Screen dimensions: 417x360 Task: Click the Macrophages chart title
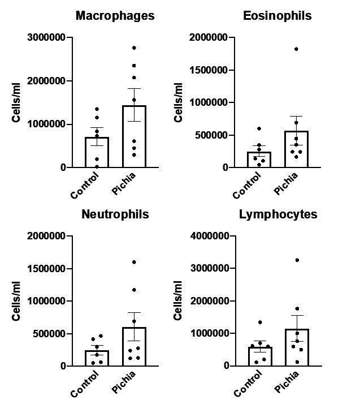tap(115, 16)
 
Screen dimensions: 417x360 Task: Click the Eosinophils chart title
tap(277, 16)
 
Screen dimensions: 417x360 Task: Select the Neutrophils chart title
tap(115, 214)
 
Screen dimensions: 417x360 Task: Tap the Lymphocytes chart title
tap(277, 214)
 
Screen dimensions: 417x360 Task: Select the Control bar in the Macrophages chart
tap(97, 152)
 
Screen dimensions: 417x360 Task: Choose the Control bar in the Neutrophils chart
tap(97, 358)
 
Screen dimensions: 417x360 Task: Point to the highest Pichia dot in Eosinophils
tap(296, 49)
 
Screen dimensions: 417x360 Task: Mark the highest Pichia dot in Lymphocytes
tap(297, 260)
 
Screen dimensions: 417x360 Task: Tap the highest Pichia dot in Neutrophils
tap(134, 262)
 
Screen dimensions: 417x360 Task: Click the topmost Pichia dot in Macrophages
tap(134, 48)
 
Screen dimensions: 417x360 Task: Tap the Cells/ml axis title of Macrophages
tap(16, 102)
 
